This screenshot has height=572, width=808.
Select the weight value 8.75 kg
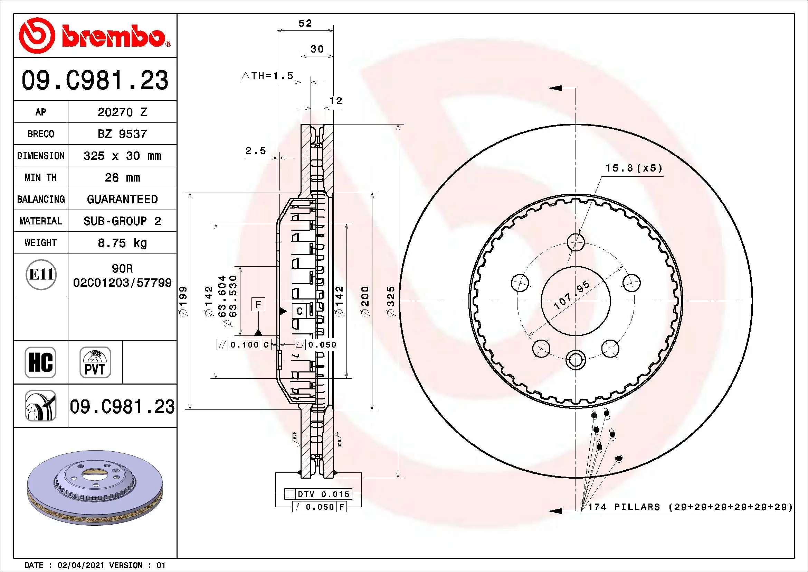click(x=122, y=243)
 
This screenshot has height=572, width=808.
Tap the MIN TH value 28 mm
click(x=122, y=177)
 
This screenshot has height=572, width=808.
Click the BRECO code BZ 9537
click(x=122, y=134)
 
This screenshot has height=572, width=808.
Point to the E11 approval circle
click(x=41, y=275)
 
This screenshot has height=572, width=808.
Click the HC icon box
click(x=40, y=362)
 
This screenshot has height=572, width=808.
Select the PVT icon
click(x=95, y=362)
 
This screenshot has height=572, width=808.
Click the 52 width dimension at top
click(x=305, y=24)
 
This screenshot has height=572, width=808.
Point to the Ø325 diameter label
click(x=391, y=301)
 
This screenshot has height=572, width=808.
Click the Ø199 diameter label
click(x=184, y=301)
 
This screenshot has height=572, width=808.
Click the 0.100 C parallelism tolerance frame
click(x=244, y=345)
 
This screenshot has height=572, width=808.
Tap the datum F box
click(x=258, y=304)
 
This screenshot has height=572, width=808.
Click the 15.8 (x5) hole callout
click(x=634, y=168)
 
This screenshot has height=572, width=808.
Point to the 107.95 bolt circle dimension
click(x=571, y=295)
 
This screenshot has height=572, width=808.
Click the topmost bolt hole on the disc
click(x=576, y=242)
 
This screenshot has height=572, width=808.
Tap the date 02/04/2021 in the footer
click(x=80, y=565)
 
